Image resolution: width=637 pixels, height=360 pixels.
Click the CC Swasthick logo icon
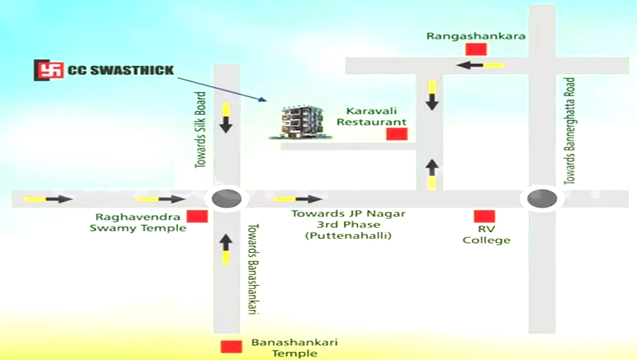(48, 70)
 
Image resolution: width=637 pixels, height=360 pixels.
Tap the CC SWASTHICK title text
(120, 71)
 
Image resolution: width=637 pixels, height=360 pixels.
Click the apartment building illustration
(301, 123)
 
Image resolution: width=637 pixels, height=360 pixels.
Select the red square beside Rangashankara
(476, 49)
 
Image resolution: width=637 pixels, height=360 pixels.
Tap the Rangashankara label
(476, 36)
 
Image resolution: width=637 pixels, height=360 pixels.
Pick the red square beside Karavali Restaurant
(397, 134)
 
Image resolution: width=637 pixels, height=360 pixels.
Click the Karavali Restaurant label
(371, 116)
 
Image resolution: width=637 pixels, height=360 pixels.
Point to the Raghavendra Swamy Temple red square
(197, 216)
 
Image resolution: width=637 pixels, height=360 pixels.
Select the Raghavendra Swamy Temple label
(138, 223)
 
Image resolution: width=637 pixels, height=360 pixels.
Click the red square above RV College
(484, 216)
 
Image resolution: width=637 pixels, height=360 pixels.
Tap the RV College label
(486, 235)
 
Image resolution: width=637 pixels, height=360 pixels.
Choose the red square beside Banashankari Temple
(231, 347)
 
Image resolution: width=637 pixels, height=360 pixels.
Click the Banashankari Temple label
(294, 348)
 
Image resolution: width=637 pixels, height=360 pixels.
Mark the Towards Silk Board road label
(200, 130)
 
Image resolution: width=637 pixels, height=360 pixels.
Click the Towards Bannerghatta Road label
(570, 132)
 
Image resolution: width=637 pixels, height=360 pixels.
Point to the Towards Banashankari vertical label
(253, 269)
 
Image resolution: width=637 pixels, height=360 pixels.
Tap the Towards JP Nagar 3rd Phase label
(348, 224)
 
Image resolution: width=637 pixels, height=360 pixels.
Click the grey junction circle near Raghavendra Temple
(226, 199)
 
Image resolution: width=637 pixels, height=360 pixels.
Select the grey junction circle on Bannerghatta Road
(542, 199)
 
